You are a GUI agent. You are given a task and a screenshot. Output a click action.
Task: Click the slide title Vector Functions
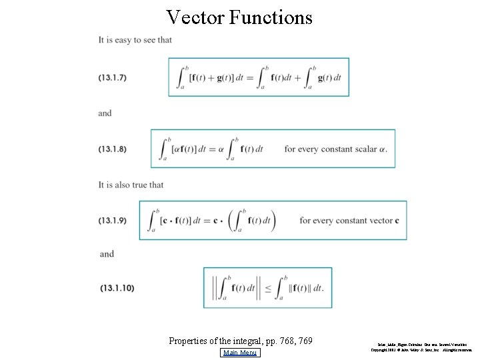[x=239, y=17]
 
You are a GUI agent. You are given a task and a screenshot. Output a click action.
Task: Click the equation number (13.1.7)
[x=113, y=77]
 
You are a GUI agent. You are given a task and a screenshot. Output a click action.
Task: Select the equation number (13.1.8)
[x=113, y=149]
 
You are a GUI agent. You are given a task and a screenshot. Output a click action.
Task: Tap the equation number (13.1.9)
[x=113, y=220]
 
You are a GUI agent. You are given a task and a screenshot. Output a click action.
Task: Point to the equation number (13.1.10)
[x=117, y=288]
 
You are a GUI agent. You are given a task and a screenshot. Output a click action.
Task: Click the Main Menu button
[x=241, y=353]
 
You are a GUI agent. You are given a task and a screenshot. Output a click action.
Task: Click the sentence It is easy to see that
[x=135, y=40]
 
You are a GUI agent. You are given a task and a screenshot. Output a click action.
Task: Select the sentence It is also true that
[x=131, y=185]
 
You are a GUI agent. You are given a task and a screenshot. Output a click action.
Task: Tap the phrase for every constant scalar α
[x=335, y=149]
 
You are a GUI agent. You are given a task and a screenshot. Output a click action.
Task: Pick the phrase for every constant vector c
[x=349, y=220]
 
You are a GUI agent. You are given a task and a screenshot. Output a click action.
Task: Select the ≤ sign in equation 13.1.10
[x=267, y=288]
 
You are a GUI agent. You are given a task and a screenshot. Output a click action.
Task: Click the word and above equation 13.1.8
[x=105, y=113]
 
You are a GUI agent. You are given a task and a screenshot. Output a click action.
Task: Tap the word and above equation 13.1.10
[x=107, y=254]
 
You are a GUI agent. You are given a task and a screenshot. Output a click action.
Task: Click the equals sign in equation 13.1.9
[x=206, y=221]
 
